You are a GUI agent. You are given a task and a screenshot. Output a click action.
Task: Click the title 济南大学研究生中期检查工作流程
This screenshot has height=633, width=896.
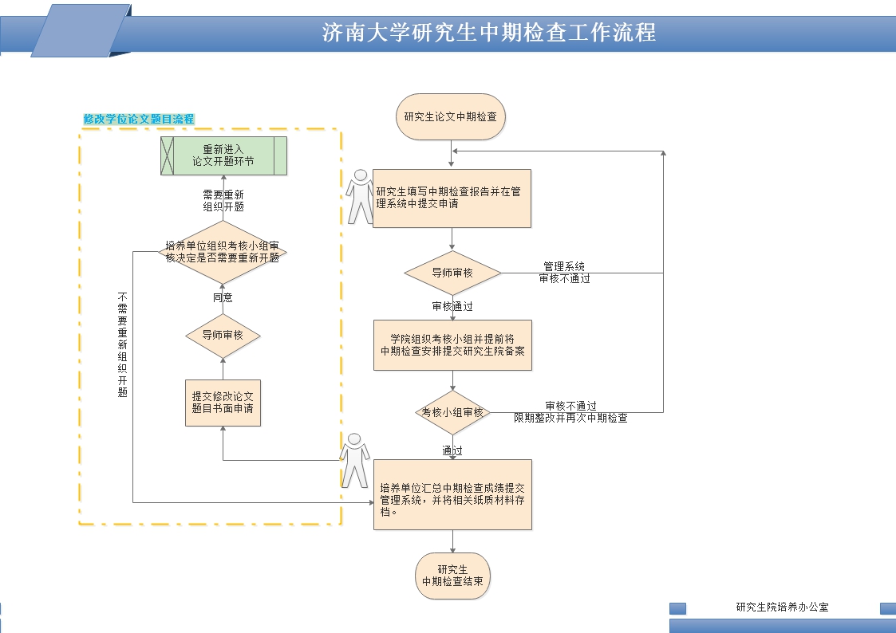488,33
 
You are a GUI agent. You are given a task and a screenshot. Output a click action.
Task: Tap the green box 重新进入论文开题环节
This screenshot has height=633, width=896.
223,155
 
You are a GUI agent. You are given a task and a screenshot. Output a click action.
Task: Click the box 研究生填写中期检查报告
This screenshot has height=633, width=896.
452,198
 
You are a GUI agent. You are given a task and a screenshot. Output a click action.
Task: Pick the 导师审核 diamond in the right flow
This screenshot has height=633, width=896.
452,273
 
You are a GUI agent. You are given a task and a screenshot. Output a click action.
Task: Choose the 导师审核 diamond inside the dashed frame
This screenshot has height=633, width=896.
223,336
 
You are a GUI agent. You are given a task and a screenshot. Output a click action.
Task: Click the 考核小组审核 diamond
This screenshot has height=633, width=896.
452,412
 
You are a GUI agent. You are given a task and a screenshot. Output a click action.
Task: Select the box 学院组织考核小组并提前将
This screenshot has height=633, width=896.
452,345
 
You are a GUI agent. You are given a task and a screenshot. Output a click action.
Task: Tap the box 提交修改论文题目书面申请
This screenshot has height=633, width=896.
223,402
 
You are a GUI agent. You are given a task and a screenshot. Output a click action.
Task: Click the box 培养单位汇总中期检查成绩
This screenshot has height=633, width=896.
452,494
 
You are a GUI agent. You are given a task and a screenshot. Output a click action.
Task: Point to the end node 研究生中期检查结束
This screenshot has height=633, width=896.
452,576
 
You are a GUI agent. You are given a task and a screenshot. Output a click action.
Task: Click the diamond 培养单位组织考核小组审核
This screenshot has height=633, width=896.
223,252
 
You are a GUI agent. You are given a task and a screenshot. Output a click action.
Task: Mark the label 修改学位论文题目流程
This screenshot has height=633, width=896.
139,119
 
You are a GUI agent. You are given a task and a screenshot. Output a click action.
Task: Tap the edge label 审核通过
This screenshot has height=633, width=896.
452,306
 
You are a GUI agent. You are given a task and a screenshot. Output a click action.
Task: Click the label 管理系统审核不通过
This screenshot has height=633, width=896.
564,273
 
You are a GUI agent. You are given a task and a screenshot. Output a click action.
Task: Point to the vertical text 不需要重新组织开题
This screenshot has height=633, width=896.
123,344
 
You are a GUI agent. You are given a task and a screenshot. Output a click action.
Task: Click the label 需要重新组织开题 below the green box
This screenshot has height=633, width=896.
223,201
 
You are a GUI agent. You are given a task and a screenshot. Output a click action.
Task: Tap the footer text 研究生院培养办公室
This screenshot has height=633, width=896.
782,607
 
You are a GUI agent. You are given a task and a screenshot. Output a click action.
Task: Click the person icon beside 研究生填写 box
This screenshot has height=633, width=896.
360,195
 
